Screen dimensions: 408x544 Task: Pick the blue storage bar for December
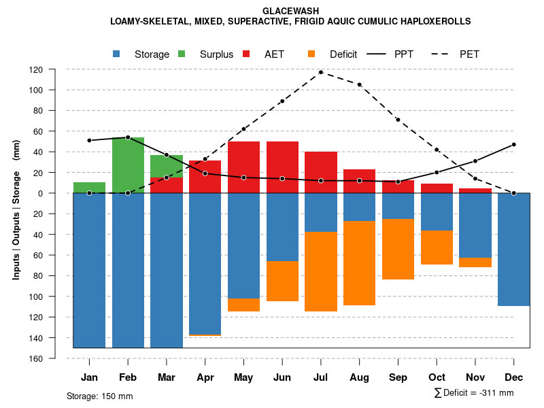tap(513, 250)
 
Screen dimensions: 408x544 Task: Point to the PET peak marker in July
tap(321, 72)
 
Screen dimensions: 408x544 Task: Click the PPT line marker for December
tap(513, 144)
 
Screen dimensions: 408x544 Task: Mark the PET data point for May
tap(243, 129)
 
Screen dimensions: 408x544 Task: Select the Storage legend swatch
tap(117, 54)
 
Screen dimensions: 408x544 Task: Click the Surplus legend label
tap(216, 54)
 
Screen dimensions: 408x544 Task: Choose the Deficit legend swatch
tap(311, 54)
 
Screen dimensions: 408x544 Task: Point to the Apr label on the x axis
tap(205, 377)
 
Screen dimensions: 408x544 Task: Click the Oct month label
tap(437, 377)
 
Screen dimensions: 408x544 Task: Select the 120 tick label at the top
tap(55, 69)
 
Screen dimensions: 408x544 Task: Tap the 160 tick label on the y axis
tap(55, 358)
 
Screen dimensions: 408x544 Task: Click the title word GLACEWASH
tap(290, 11)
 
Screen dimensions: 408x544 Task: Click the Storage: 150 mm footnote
tap(100, 396)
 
